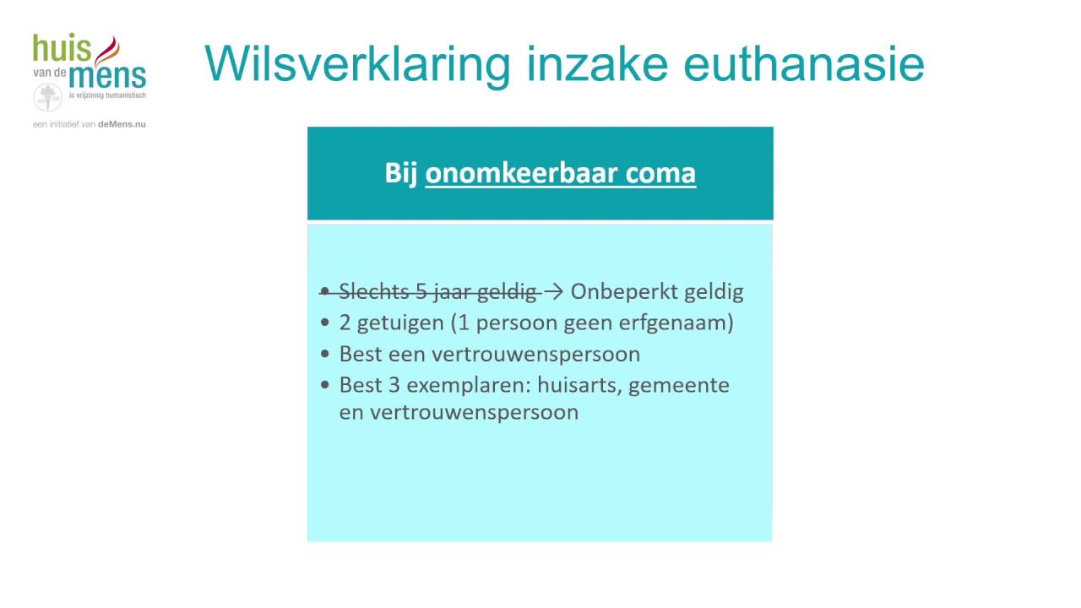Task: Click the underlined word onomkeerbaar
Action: [521, 173]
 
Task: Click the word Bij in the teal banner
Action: [401, 173]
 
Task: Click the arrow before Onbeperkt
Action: [554, 292]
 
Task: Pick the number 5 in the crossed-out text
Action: [421, 292]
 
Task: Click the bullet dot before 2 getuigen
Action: [326, 323]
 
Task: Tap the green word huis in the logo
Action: [62, 50]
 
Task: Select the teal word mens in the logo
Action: [107, 77]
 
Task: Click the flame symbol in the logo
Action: [107, 51]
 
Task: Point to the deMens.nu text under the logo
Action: [122, 124]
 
